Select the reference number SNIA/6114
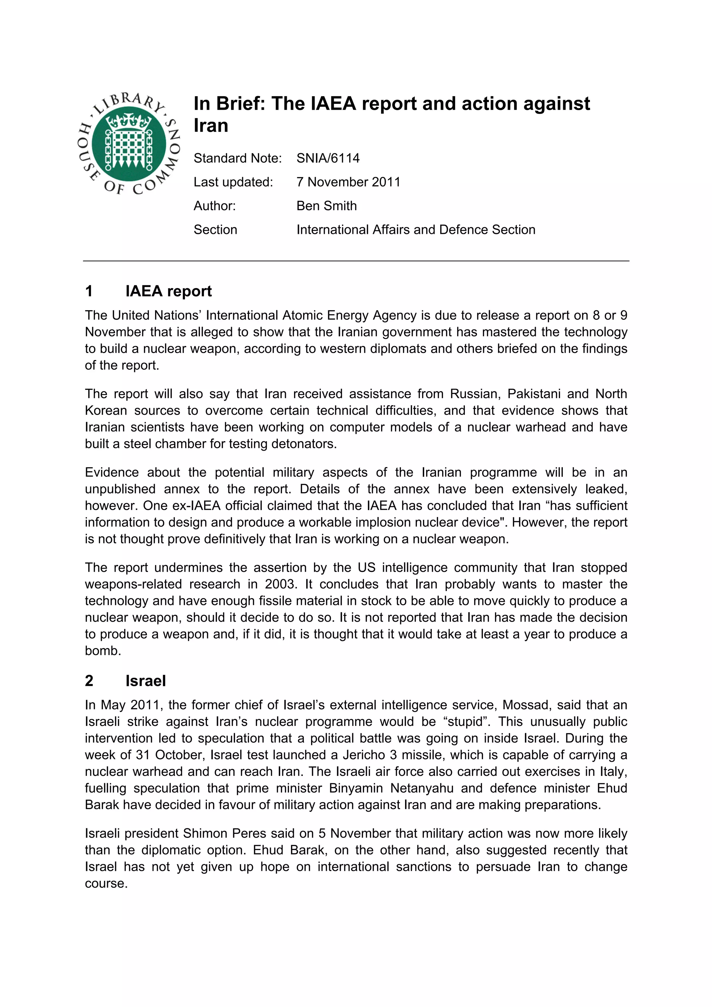click(328, 158)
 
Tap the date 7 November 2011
click(348, 182)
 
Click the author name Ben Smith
click(326, 206)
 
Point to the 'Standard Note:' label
click(237, 158)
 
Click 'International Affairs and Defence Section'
click(415, 230)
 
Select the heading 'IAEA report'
click(169, 291)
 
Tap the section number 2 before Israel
click(89, 681)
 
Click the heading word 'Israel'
click(146, 681)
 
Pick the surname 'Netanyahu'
click(422, 788)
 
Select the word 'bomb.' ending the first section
click(103, 651)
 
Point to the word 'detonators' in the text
click(304, 444)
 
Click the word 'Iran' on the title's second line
click(211, 126)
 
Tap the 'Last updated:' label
click(233, 182)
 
